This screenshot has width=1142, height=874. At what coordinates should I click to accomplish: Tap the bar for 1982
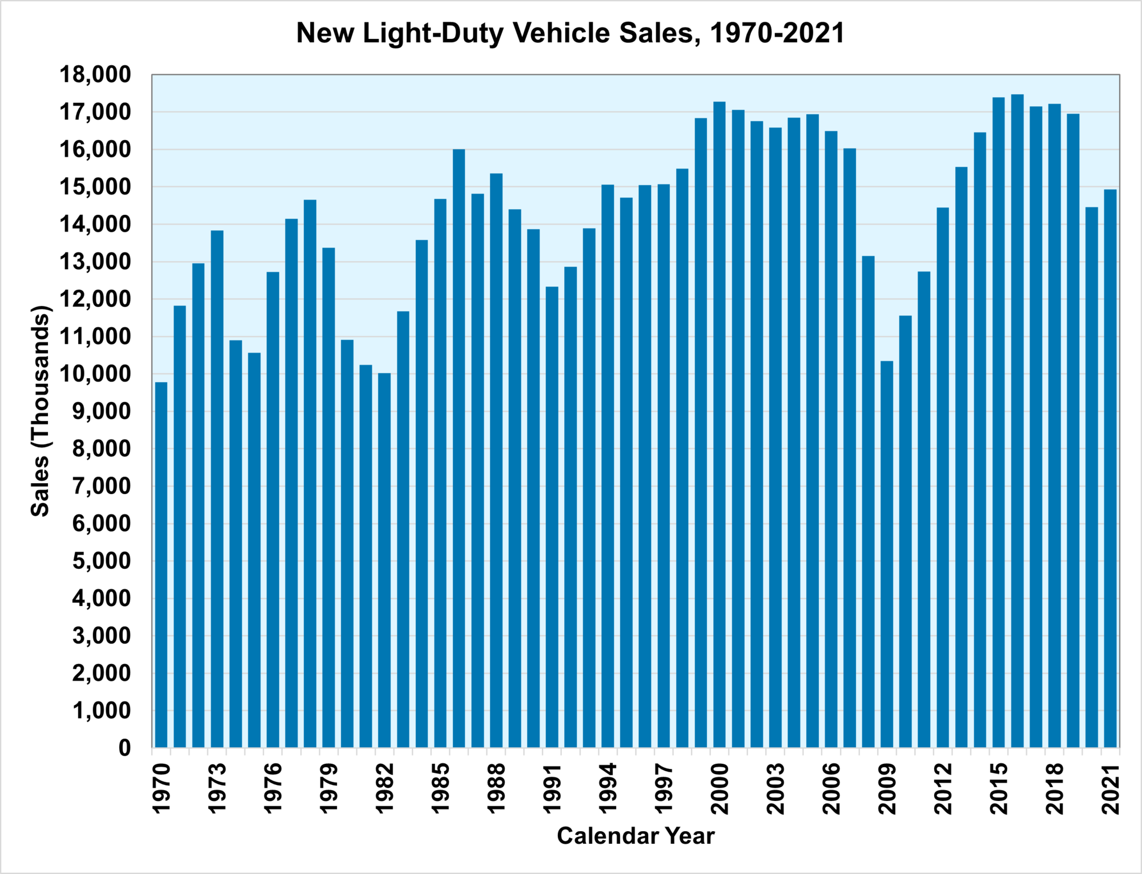click(x=384, y=560)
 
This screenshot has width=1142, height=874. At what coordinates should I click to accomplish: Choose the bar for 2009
click(x=887, y=554)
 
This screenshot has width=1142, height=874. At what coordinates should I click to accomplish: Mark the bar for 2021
click(x=1110, y=468)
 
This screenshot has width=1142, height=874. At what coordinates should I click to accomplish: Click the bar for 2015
click(x=999, y=422)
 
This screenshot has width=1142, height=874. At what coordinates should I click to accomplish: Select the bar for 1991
click(x=552, y=517)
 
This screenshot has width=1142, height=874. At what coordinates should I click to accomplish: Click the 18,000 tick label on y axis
click(x=95, y=75)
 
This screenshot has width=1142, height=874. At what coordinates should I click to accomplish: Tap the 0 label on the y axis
click(x=124, y=748)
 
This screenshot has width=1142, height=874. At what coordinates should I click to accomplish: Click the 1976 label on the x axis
click(x=273, y=788)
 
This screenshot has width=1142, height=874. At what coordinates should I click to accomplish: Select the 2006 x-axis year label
click(x=831, y=788)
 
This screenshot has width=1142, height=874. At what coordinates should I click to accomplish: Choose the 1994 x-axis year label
click(x=608, y=788)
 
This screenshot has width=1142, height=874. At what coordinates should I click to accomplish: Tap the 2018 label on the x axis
click(x=1055, y=788)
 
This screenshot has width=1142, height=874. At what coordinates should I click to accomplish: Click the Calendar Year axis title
click(x=636, y=836)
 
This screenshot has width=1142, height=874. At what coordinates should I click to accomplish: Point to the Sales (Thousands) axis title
click(x=41, y=411)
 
